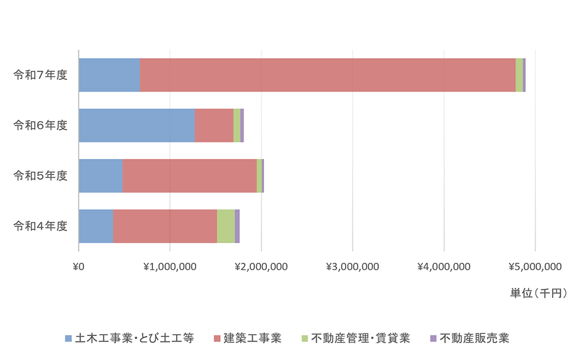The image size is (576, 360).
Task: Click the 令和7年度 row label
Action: pyautogui.click(x=40, y=75)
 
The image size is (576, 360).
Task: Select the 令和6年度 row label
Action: pyautogui.click(x=40, y=125)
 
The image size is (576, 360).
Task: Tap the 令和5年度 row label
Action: pyautogui.click(x=40, y=176)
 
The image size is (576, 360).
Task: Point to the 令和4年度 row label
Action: pyautogui.click(x=40, y=226)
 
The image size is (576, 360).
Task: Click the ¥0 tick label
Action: pyautogui.click(x=79, y=266)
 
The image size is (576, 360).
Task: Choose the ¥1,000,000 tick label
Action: pyautogui.click(x=170, y=266)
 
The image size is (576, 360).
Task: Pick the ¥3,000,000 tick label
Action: pyautogui.click(x=352, y=266)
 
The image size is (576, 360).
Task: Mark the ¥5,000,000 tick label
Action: pyautogui.click(x=535, y=266)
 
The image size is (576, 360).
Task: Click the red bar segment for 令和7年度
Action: pyautogui.click(x=328, y=75)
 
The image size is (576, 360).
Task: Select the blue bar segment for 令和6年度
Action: pyautogui.click(x=137, y=125)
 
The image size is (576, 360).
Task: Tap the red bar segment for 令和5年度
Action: pyautogui.click(x=189, y=176)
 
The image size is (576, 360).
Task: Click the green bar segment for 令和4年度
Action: pyautogui.click(x=226, y=226)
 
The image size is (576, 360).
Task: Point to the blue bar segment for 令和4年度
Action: pyautogui.click(x=95, y=226)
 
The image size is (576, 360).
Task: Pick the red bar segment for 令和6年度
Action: pyautogui.click(x=214, y=125)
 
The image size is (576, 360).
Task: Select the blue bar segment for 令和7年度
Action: pyautogui.click(x=109, y=75)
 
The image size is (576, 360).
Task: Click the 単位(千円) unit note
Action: pyautogui.click(x=538, y=293)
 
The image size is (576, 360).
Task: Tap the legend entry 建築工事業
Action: pyautogui.click(x=252, y=338)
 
